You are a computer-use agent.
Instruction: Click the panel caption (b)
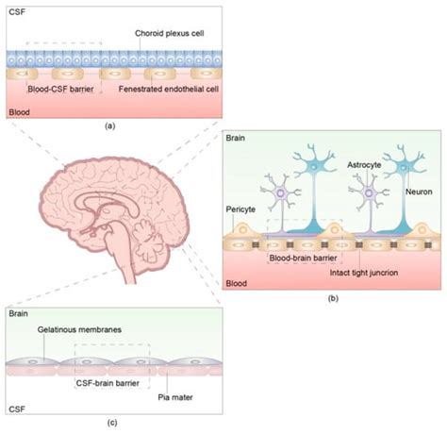coord(333,298)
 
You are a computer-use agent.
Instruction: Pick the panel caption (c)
coord(112,422)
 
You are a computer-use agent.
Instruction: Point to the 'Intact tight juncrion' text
coord(361,273)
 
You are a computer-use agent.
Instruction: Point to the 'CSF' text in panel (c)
coord(15,409)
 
